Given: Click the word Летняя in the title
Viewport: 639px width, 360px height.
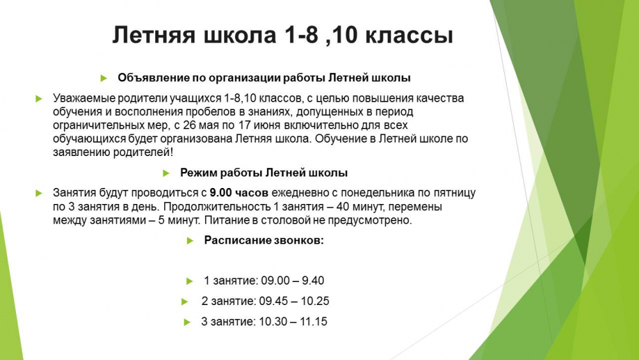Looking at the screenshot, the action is (x=154, y=35).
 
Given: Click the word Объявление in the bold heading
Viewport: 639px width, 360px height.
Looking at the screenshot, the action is (x=153, y=77).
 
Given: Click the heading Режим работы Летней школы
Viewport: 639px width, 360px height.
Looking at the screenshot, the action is (x=264, y=173).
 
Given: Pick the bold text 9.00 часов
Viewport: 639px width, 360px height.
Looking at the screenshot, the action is (x=239, y=192).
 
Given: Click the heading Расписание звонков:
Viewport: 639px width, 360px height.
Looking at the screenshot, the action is (x=264, y=240).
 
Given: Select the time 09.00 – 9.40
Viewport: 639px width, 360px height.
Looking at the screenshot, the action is (x=293, y=281).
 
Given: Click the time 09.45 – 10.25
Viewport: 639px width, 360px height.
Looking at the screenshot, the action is (x=294, y=301).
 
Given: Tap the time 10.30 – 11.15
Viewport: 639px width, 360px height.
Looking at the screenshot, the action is (x=293, y=322).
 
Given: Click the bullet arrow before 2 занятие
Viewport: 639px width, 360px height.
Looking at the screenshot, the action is (x=185, y=302).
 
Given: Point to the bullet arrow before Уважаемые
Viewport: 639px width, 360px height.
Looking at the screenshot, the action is (x=39, y=98).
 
